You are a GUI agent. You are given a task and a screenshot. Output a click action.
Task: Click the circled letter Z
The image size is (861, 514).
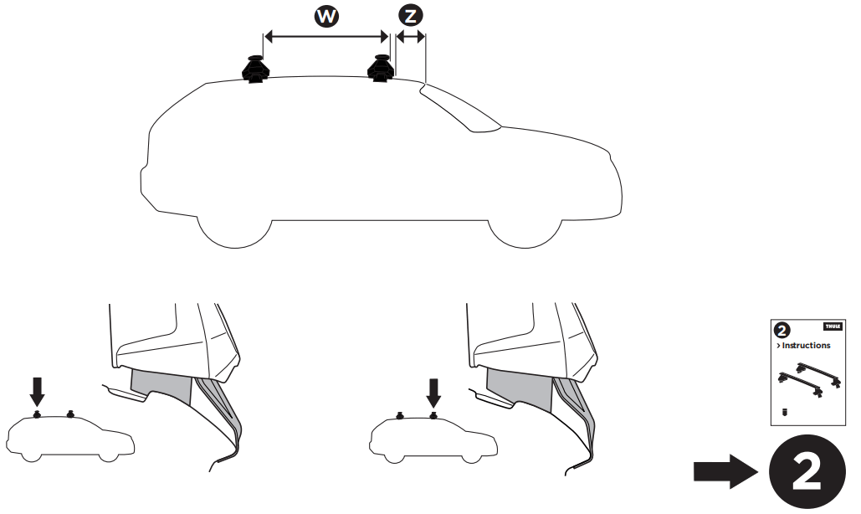click(410, 16)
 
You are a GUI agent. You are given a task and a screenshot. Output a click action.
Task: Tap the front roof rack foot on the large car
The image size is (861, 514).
click(382, 69)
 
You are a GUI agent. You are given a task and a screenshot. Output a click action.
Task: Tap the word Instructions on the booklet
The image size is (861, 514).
click(806, 345)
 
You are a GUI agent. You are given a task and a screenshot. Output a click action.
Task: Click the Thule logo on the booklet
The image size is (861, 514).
click(833, 326)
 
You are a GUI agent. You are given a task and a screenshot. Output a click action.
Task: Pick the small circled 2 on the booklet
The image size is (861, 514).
click(783, 329)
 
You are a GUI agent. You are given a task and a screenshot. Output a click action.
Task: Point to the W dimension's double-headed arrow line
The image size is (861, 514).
click(326, 36)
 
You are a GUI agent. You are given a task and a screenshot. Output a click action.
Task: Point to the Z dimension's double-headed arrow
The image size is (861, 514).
click(410, 36)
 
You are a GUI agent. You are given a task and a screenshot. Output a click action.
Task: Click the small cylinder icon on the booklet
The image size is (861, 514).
click(785, 412)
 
